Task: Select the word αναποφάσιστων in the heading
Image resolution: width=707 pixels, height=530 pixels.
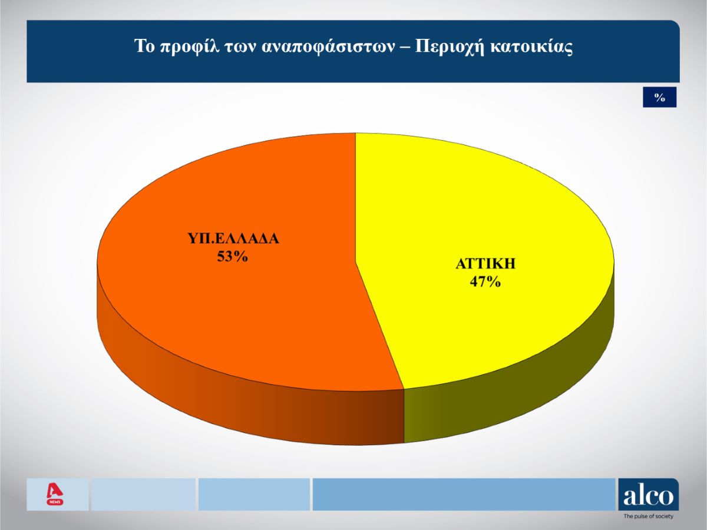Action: (x=329, y=47)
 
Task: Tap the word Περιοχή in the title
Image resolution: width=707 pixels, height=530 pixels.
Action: (x=450, y=47)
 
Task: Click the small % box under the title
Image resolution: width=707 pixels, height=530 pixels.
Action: (x=660, y=97)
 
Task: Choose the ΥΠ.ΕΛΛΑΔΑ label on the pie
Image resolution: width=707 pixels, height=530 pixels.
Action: (x=233, y=238)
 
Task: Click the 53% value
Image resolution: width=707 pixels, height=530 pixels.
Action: (x=232, y=257)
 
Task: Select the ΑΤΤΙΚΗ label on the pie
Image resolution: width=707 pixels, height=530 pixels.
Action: (x=485, y=264)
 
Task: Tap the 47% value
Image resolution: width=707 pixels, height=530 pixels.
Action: (x=485, y=282)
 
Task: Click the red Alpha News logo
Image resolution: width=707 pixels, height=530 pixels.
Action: (x=55, y=495)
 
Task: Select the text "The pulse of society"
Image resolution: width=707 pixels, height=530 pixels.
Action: (x=648, y=516)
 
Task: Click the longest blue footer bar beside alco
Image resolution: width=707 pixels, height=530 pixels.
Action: (x=464, y=494)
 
